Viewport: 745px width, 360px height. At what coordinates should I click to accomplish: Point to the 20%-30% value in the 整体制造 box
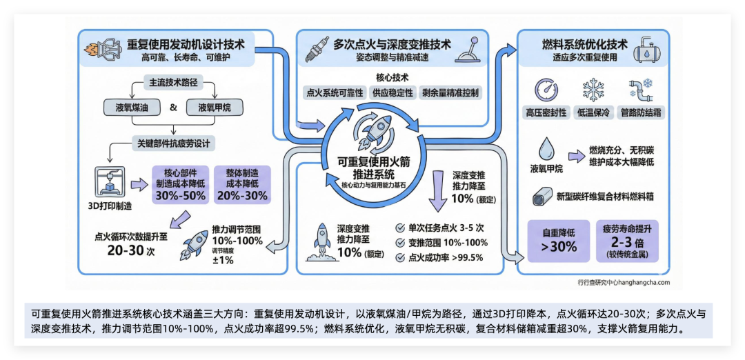pyautogui.click(x=242, y=195)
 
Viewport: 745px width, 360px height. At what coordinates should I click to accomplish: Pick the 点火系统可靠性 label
pyautogui.click(x=334, y=92)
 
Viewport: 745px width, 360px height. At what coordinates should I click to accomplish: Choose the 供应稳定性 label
pyautogui.click(x=393, y=92)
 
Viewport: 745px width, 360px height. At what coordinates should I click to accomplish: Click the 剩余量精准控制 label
pyautogui.click(x=452, y=92)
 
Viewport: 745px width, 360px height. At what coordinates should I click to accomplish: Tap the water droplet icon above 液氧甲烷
pyautogui.click(x=546, y=148)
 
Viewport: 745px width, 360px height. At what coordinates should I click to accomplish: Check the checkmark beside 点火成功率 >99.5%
pyautogui.click(x=400, y=257)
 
